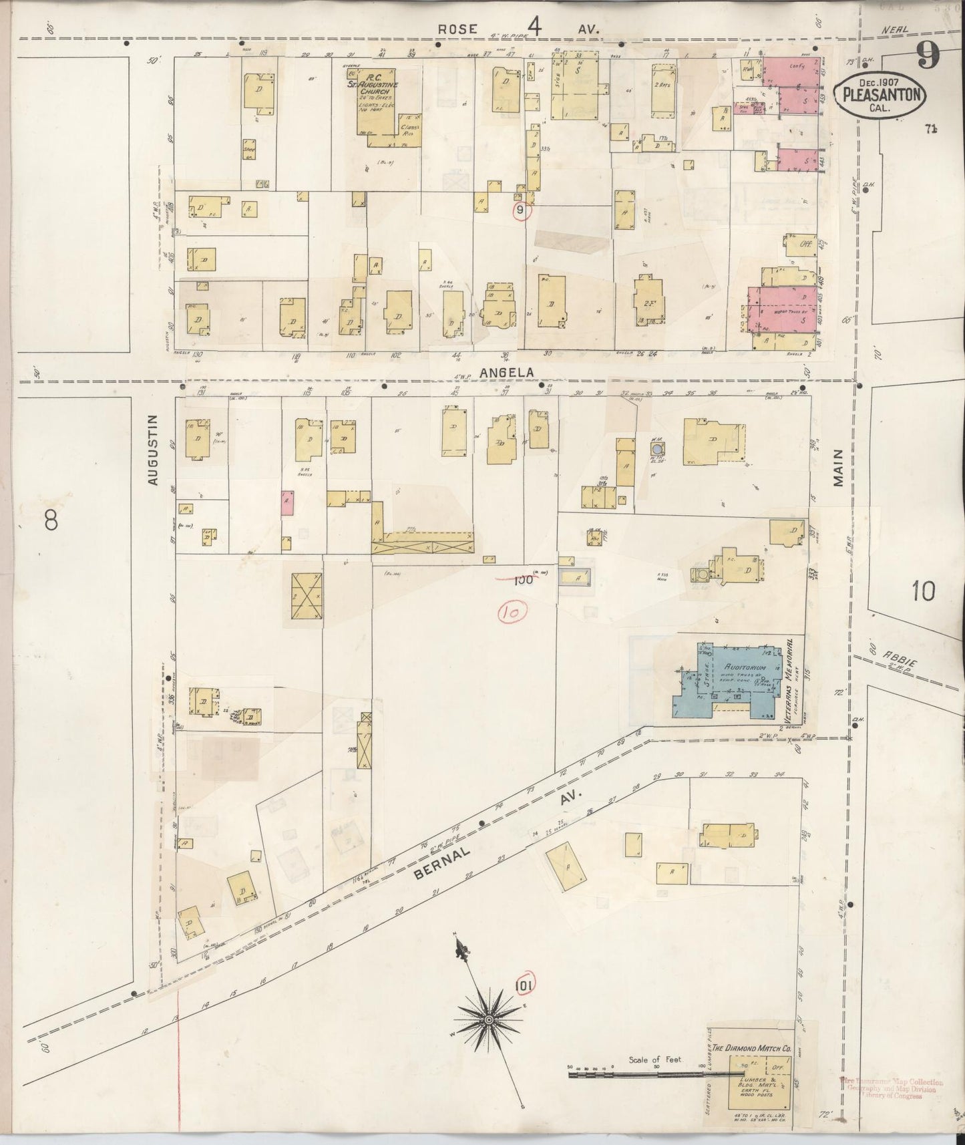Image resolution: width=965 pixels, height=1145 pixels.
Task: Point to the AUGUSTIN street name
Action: pos(153,449)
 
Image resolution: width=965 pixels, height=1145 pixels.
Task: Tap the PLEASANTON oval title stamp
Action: pos(880,96)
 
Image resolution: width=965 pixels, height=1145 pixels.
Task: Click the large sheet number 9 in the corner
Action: pos(926,55)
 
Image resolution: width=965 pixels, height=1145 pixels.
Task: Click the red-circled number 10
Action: pos(512,611)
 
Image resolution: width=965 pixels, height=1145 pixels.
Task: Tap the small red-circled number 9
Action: pos(521,211)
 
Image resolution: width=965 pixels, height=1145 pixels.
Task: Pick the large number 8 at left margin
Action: pos(51,520)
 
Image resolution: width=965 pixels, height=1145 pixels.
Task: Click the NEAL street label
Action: pos(893,30)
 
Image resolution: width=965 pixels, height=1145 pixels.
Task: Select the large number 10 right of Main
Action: pos(922,591)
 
